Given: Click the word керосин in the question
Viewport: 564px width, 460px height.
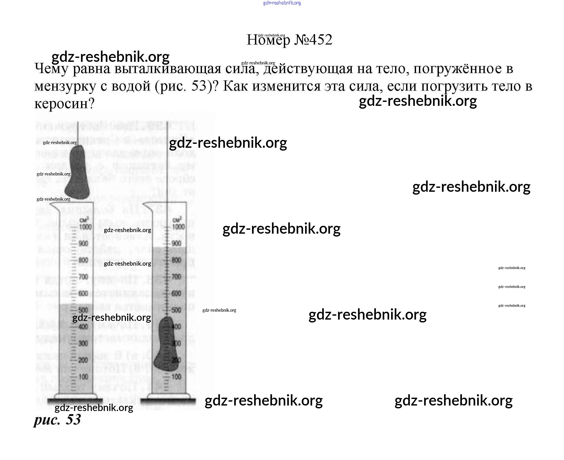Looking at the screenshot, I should click(65, 103).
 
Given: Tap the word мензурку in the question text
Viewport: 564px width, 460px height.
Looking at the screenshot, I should click(65, 86).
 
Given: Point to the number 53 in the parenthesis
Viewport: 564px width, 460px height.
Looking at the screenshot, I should click(199, 86).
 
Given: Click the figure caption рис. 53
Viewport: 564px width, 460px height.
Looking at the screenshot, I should click(57, 419).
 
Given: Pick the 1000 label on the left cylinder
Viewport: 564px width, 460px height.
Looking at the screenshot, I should click(85, 227).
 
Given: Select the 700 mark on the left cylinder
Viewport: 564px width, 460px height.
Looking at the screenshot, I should click(83, 277).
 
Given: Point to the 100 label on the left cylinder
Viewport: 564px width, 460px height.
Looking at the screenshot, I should click(83, 376).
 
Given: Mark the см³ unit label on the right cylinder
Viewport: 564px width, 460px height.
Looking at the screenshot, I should click(177, 220).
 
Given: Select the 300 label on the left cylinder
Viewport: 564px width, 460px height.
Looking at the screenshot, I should click(83, 343).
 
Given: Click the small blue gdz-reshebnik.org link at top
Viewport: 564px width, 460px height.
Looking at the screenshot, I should click(282, 3).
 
